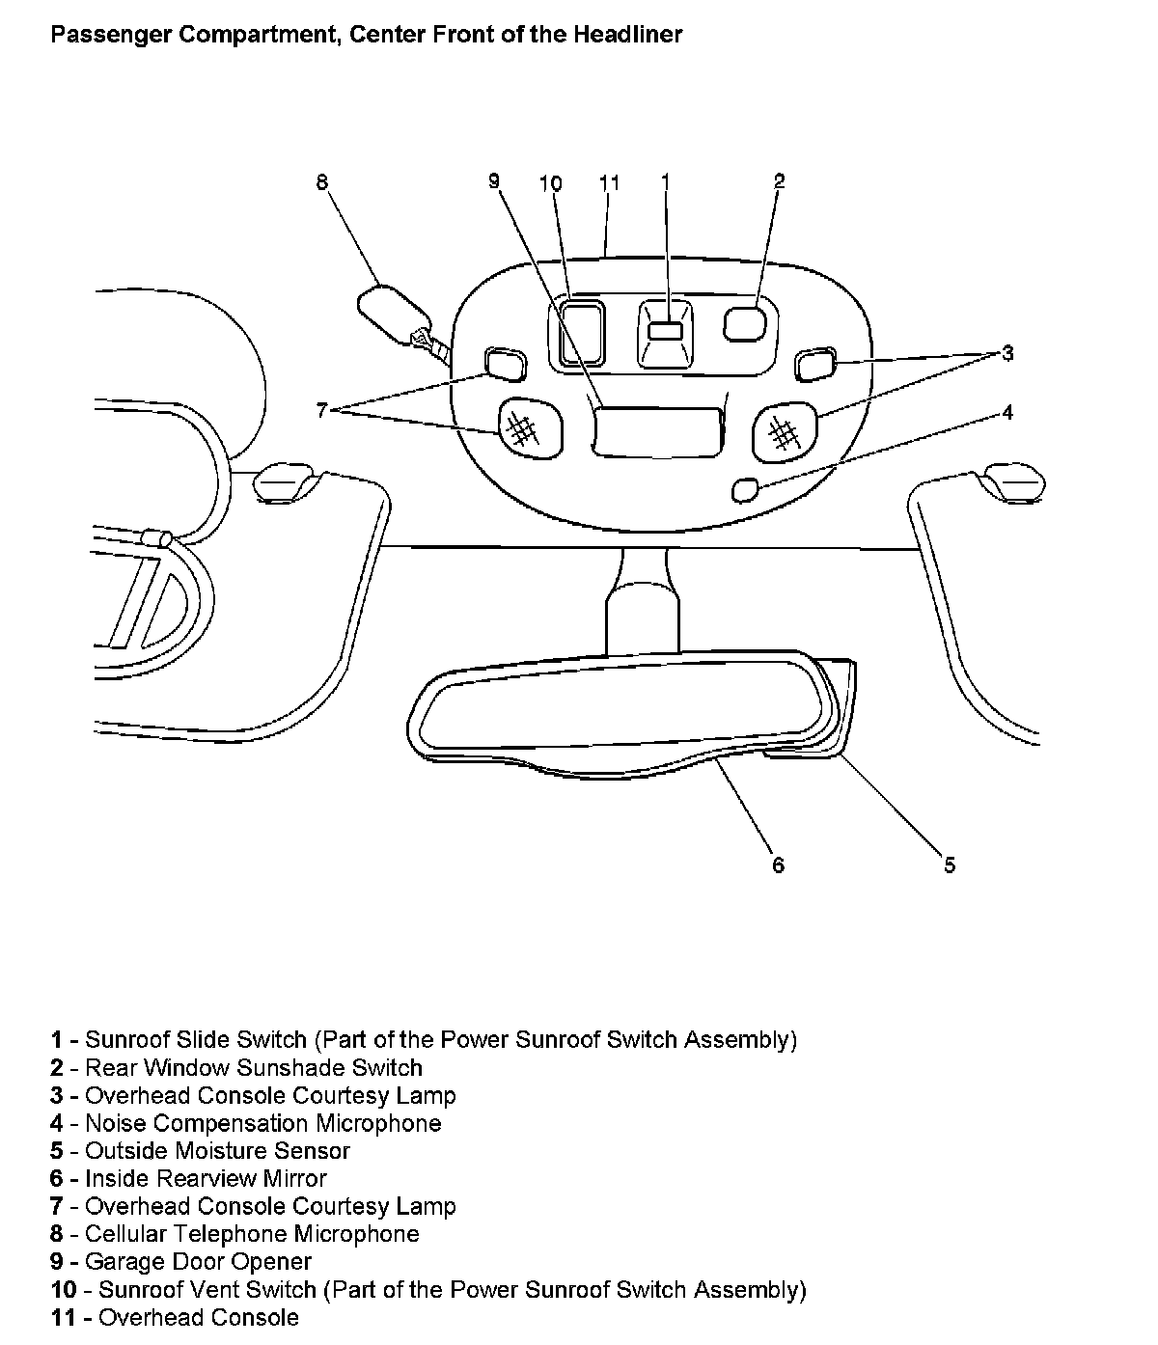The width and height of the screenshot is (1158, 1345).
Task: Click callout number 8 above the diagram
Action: coord(322,181)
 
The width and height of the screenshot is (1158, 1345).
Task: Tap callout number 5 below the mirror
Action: coord(950,865)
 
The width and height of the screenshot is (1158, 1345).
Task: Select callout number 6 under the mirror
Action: coord(779,865)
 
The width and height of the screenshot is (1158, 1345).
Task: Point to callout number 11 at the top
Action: coord(609,182)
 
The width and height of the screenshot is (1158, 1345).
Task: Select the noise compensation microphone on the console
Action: coord(745,490)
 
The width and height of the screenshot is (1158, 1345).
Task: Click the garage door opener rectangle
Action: coord(657,431)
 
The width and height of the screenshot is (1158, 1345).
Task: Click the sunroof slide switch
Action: coord(665,331)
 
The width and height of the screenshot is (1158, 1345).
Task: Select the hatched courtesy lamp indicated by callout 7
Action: coord(527,428)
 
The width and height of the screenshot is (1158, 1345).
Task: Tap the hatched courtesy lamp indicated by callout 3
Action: coord(785,430)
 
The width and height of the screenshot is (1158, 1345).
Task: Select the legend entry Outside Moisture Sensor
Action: coord(217,1151)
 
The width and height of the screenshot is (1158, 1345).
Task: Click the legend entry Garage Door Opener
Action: coord(198,1262)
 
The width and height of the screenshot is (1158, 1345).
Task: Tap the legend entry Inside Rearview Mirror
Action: coord(206,1179)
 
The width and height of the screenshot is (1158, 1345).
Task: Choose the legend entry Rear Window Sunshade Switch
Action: coord(253,1068)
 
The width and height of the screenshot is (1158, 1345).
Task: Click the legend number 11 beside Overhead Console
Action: coord(64,1318)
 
